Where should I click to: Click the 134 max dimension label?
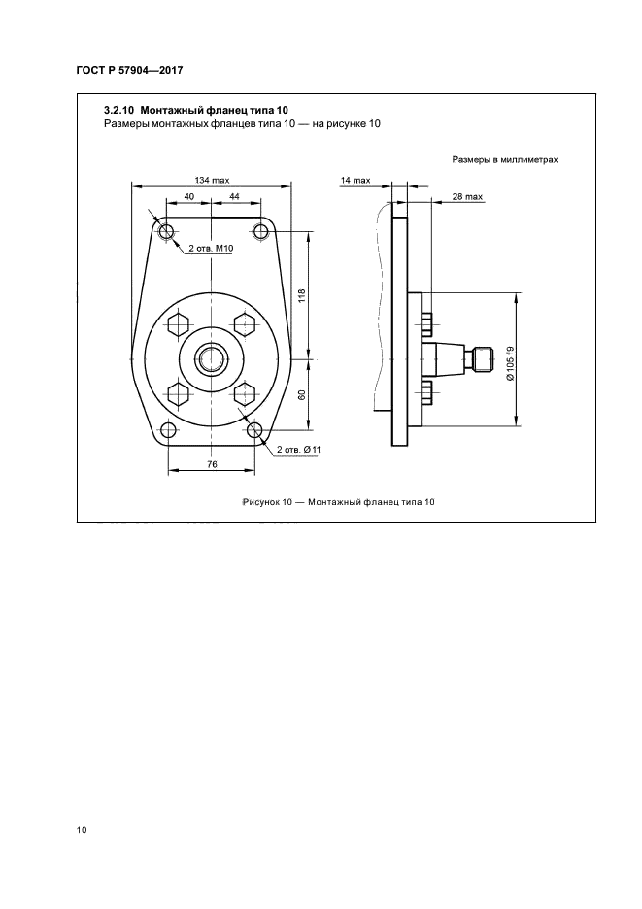[212, 181]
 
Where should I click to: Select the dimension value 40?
[189, 196]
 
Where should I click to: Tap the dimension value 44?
[234, 196]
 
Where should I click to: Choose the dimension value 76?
[212, 464]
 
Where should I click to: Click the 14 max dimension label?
[355, 181]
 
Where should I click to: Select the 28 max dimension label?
[467, 196]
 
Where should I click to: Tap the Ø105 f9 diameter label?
[510, 363]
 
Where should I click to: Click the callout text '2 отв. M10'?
[211, 249]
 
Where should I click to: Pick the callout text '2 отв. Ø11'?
[299, 450]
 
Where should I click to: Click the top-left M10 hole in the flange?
[166, 232]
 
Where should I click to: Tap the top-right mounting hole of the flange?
[261, 232]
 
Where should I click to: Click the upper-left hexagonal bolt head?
[178, 324]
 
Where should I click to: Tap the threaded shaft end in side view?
[483, 359]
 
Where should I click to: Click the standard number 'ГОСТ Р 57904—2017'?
[129, 71]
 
